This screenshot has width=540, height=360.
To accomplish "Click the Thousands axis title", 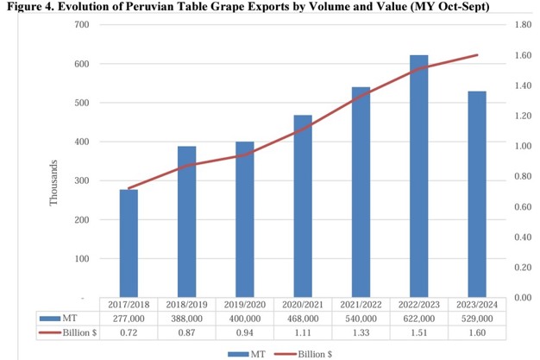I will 53,182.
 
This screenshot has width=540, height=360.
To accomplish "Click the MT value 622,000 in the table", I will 419,319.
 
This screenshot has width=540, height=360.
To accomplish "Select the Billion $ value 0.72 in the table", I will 129,332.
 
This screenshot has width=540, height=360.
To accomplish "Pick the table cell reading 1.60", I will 477,332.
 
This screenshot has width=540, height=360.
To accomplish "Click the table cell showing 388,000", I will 186,319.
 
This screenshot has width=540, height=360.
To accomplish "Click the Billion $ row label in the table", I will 71,332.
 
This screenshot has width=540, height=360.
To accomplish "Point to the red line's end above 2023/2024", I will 477,55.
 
